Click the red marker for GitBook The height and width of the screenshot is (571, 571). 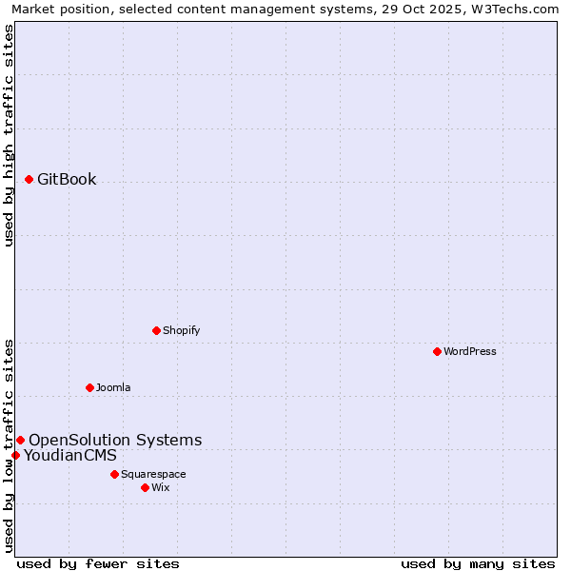coord(29,179)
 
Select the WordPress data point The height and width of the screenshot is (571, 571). coord(437,351)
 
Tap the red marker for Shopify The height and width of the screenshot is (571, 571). coord(156,330)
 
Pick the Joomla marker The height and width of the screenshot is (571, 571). coord(89,387)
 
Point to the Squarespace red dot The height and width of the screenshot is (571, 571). coord(114,474)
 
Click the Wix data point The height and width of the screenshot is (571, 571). coord(145,487)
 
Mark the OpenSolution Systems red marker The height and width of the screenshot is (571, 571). coord(20,440)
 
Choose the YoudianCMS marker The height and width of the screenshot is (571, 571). coord(15,455)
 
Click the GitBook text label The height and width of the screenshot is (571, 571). coord(67,179)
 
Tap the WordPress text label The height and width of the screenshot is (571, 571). coord(470,351)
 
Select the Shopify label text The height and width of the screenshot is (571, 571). coord(181,330)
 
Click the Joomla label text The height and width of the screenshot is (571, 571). coord(113,387)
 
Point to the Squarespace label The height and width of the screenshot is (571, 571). coord(153,474)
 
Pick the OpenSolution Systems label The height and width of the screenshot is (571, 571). coord(115,440)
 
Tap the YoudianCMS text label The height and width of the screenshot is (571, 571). coord(70,455)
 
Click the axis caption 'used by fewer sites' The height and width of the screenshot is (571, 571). coord(98,563)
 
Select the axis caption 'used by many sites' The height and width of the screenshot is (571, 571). coord(478,563)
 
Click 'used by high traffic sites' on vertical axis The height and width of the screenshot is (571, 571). coord(9,135)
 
